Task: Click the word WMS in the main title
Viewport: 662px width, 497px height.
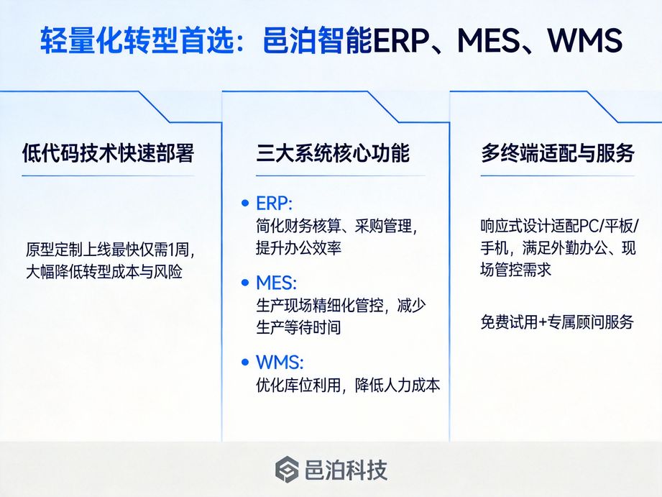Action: coord(584,41)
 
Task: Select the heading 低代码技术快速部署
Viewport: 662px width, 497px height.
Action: coord(108,153)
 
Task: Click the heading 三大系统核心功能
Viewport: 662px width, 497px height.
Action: coord(332,153)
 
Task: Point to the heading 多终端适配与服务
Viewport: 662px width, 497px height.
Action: coord(557,153)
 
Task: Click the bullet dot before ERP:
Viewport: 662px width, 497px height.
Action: coord(245,203)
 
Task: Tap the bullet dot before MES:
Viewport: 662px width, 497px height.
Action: coord(245,282)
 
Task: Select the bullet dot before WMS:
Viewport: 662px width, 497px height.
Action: coord(245,361)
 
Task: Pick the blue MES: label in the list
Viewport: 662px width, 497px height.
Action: coord(276,282)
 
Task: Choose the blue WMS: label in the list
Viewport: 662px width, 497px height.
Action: coord(280,361)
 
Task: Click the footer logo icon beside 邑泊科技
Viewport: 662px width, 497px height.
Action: coord(286,470)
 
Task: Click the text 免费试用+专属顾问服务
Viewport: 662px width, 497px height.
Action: coord(557,322)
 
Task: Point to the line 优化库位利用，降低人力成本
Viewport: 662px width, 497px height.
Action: coord(348,385)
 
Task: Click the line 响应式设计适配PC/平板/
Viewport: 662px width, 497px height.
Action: coord(558,226)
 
